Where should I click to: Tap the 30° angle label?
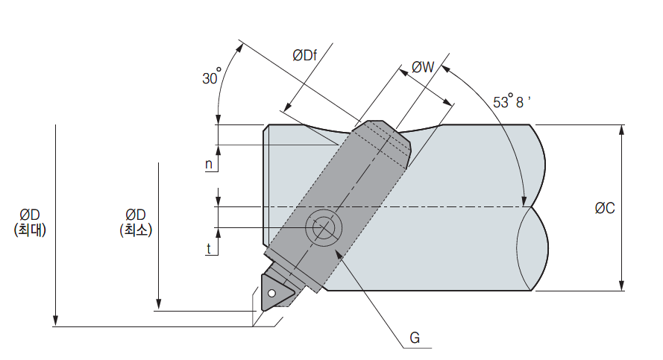212,78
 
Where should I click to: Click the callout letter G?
415,338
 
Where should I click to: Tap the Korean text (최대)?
31,230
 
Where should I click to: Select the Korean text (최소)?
135,230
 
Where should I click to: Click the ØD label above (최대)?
31,215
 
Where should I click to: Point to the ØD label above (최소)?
135,215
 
